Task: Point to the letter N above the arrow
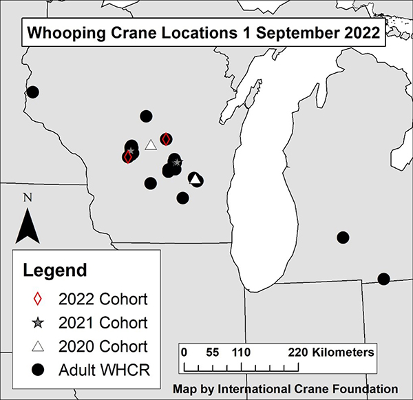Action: point(28,198)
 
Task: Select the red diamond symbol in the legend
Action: point(39,299)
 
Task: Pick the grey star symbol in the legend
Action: point(39,322)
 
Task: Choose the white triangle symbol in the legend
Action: point(39,346)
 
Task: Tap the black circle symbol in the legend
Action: point(39,369)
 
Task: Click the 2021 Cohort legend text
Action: point(103,322)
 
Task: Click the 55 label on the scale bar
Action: point(212,352)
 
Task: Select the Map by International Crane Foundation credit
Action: point(286,388)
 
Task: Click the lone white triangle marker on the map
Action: point(151,145)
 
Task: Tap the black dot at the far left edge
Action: point(32,92)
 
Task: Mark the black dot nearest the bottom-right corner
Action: point(384,279)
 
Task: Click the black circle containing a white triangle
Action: point(195,179)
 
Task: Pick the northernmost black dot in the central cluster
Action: point(146,116)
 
